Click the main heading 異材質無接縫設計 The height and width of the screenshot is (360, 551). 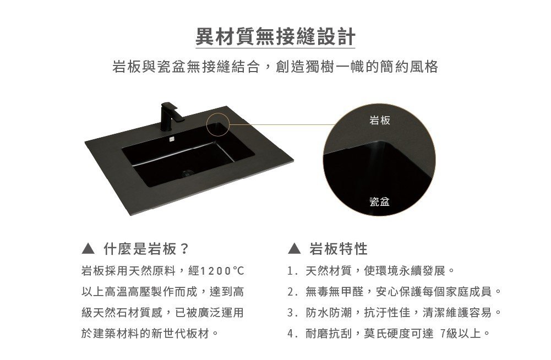275,36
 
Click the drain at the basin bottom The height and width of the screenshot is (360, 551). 187,173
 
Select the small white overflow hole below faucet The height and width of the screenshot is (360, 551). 172,139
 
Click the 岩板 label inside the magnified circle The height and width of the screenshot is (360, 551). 379,120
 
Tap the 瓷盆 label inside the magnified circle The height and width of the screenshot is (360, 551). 379,201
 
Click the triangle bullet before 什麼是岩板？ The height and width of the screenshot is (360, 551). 88,249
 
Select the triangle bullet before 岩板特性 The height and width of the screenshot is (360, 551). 294,249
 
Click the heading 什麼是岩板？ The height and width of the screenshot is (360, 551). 146,249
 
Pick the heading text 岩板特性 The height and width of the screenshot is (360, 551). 339,249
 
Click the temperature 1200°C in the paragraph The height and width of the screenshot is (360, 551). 221,271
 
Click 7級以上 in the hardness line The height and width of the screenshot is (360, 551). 460,333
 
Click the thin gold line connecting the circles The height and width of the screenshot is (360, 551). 282,124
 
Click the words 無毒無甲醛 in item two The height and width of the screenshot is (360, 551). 335,291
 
